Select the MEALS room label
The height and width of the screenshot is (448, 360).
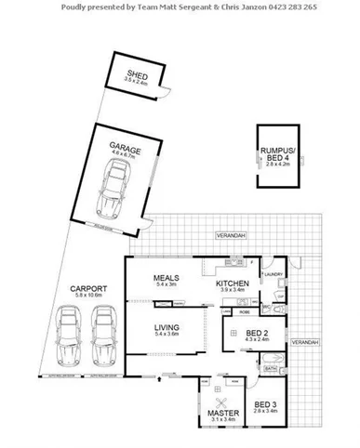[167, 276]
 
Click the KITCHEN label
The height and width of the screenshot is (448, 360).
[230, 283]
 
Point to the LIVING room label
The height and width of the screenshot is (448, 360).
[166, 327]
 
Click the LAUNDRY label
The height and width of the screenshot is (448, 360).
[273, 274]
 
